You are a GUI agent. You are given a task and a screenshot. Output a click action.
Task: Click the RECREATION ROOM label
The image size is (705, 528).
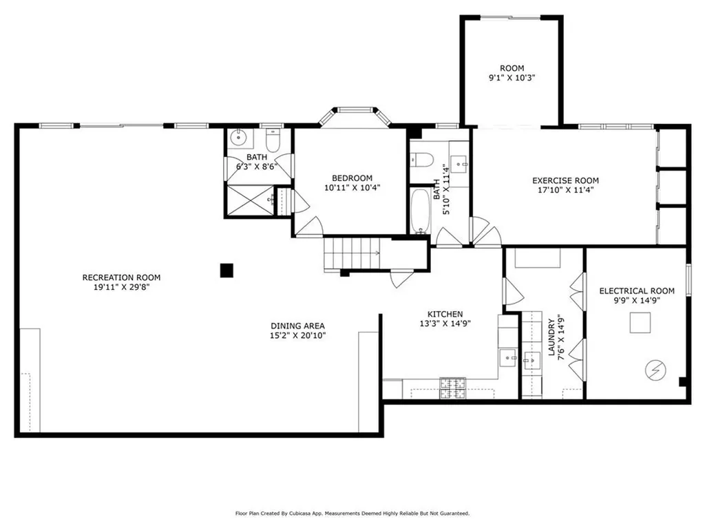point(121,277)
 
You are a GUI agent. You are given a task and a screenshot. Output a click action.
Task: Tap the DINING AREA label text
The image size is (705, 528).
point(297,326)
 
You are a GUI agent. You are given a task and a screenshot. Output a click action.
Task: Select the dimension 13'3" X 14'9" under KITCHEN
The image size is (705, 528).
point(445,324)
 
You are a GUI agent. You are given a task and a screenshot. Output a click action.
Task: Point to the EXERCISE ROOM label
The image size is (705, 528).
point(566,180)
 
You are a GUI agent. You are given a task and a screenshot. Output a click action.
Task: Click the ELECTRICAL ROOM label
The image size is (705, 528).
point(637,291)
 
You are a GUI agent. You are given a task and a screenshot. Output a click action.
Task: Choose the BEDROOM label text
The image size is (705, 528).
point(352,178)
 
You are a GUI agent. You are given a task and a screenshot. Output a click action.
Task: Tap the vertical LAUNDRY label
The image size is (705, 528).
point(551,337)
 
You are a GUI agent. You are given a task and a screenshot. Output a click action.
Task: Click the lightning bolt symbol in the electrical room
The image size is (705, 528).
point(655,370)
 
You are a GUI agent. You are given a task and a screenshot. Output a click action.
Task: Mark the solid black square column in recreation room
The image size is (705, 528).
point(227,271)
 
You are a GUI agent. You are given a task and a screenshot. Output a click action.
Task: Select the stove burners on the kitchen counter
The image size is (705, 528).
point(453,388)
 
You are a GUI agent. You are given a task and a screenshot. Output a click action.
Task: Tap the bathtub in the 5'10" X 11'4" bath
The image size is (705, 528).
point(420,211)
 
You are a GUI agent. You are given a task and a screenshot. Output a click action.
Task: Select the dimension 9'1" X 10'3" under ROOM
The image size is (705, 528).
point(512,78)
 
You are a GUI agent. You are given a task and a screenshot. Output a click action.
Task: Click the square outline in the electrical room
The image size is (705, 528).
point(640,322)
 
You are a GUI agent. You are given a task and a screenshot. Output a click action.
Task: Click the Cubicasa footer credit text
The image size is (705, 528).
point(352,513)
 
